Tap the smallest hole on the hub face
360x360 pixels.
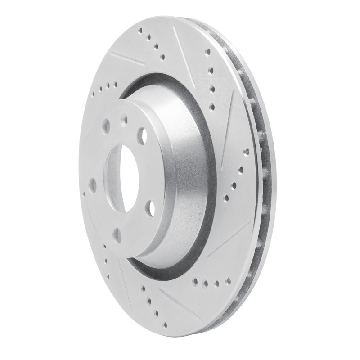(x=124, y=119)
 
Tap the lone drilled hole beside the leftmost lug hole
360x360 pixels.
(x=84, y=195)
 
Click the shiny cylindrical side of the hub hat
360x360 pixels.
(x=180, y=180)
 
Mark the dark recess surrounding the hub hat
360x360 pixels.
(x=135, y=85)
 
